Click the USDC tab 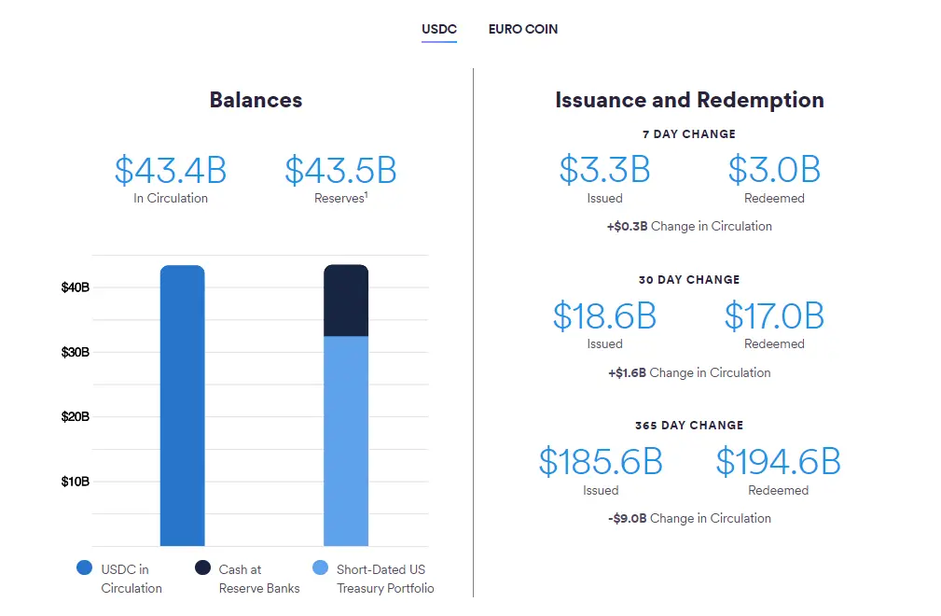(438, 29)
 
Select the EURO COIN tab (523, 29)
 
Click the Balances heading (256, 100)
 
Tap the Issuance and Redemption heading (689, 100)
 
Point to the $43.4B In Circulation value (171, 170)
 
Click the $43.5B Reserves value (340, 170)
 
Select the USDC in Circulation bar (182, 406)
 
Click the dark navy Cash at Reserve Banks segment (346, 301)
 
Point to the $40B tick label (76, 287)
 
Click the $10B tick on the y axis (76, 482)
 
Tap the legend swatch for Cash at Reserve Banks (202, 567)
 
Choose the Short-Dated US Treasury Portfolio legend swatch (320, 567)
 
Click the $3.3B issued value (604, 170)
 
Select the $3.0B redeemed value (774, 170)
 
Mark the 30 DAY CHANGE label (689, 280)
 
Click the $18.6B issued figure (604, 316)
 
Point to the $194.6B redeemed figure (778, 462)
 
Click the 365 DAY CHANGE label (689, 426)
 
